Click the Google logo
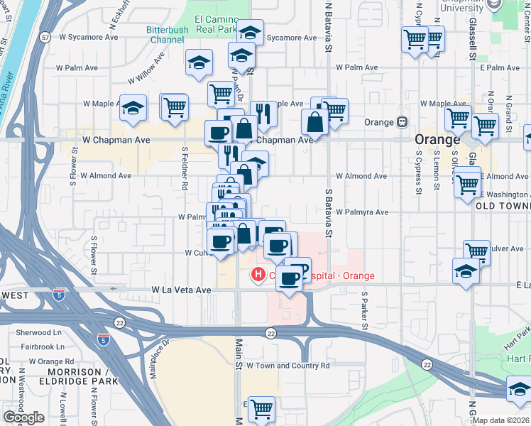(23, 417)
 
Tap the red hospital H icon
(257, 273)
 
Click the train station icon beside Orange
(402, 122)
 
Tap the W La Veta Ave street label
(182, 290)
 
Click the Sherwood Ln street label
(39, 332)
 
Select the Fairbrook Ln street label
(39, 347)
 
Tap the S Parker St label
(363, 304)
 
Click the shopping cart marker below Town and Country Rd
(261, 409)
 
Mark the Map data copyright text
(501, 420)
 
